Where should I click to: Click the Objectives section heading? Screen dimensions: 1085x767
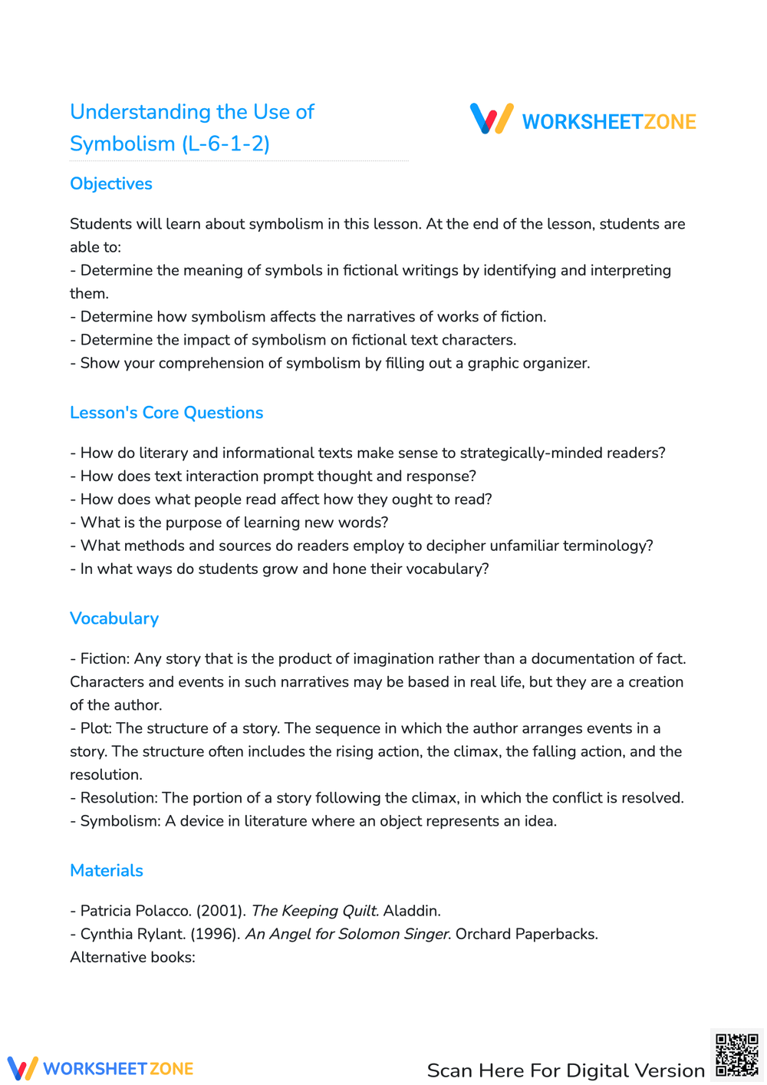coord(111,184)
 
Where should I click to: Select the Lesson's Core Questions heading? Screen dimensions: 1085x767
coord(166,413)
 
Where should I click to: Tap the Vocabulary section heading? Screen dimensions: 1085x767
coord(114,618)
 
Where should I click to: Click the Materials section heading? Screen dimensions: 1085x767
coord(107,871)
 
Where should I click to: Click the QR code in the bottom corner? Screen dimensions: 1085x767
coord(736,1055)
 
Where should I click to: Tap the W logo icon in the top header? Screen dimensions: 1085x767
coord(492,119)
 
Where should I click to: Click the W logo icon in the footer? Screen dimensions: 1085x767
coord(22,1068)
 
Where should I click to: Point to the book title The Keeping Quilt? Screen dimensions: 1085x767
coord(315,911)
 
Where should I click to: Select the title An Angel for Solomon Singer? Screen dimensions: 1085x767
coord(347,934)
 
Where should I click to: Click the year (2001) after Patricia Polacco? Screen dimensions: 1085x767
coord(221,911)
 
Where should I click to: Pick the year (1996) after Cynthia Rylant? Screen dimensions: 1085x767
coord(216,934)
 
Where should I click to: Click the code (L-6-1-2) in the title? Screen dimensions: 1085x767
coord(225,144)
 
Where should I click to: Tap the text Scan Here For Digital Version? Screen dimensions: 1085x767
coord(565,1070)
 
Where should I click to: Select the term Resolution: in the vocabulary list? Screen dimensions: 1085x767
coord(119,798)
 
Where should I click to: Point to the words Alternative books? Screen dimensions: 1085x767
coord(133,958)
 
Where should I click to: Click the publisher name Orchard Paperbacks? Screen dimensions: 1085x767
coord(526,934)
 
